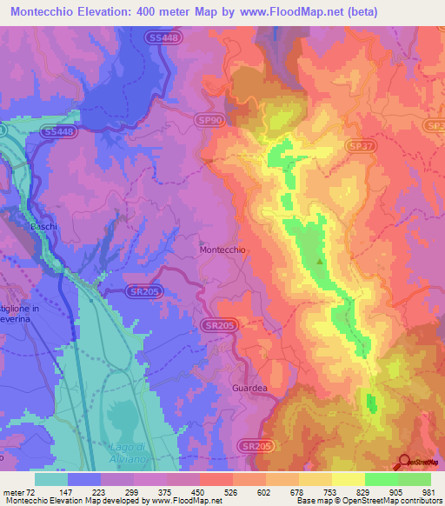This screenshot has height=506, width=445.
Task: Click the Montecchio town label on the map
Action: tap(224, 250)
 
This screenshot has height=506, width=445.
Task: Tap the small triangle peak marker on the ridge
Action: tap(321, 260)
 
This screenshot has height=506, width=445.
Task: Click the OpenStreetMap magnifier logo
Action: tap(406, 463)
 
